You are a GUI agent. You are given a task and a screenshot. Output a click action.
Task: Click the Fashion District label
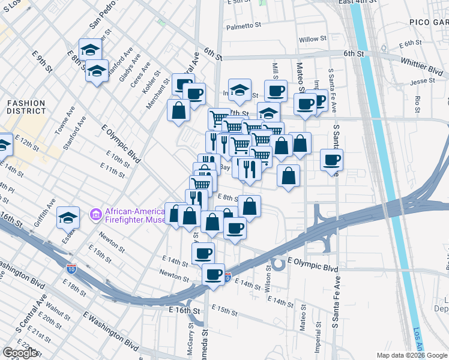point(26,107)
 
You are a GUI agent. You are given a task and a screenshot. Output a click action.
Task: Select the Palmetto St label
point(244,26)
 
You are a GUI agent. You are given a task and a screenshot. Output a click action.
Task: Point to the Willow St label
point(312,39)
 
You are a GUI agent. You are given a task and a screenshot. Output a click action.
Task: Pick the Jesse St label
point(422,81)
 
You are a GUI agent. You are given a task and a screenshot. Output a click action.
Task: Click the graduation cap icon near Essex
point(68,217)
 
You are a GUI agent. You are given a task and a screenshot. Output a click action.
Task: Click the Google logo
point(20,353)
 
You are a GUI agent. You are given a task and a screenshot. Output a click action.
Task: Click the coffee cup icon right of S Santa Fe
point(331,160)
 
